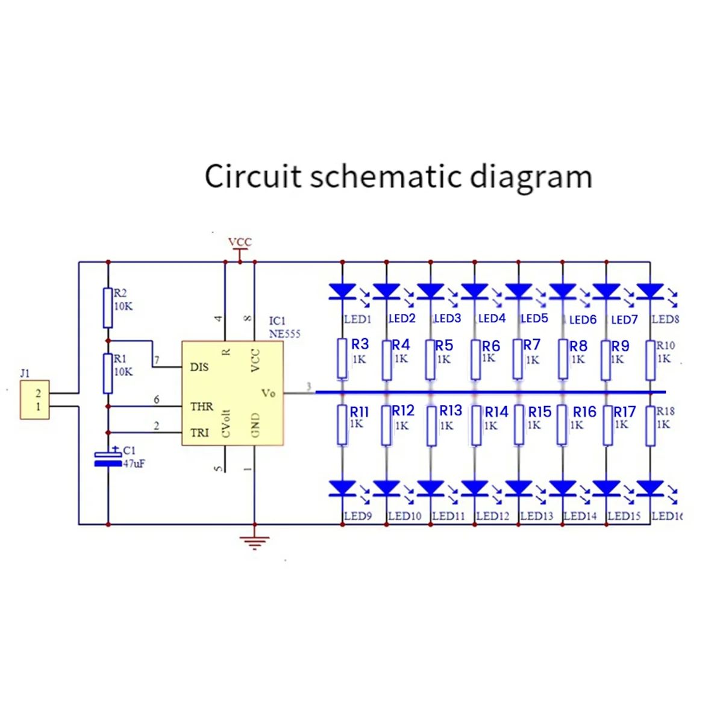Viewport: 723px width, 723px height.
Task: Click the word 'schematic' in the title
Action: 386,177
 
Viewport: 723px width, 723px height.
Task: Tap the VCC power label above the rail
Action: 240,242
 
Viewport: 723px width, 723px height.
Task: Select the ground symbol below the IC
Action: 254,543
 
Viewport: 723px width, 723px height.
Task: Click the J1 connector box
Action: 34,399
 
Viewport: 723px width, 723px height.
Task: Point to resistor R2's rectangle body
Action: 108,308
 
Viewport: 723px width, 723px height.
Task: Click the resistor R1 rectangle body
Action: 108,374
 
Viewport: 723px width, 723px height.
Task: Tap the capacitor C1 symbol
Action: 108,459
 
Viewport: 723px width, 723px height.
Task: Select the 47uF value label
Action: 134,464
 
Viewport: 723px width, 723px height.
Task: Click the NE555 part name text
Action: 284,334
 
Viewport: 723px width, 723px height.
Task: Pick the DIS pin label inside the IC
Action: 199,367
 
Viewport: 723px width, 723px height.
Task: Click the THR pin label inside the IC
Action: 201,406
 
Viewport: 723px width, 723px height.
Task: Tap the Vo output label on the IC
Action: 268,393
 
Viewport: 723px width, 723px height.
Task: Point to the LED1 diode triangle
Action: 342,292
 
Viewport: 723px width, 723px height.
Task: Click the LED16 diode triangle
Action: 650,489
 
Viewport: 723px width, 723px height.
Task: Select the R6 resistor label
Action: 491,346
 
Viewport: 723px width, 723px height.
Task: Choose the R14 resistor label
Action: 496,412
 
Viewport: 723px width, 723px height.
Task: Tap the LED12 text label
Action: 493,516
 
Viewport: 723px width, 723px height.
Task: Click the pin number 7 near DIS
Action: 157,360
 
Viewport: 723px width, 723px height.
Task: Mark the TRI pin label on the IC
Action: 199,433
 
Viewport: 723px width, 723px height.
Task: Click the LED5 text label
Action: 534,318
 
